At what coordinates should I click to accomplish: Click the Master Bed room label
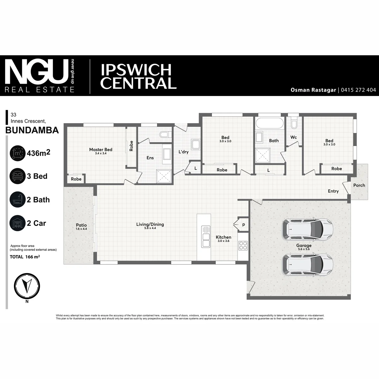(x=101, y=149)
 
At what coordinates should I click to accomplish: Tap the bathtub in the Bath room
(x=270, y=123)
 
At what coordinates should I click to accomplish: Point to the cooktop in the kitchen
(x=243, y=246)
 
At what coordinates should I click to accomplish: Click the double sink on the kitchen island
(x=206, y=237)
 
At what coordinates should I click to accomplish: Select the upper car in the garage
(x=308, y=229)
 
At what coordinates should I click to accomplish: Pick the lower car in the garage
(x=308, y=265)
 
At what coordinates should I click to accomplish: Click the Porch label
(x=359, y=185)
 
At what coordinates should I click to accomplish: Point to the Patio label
(x=81, y=225)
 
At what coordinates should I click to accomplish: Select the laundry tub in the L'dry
(x=196, y=145)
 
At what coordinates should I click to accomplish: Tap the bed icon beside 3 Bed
(x=17, y=176)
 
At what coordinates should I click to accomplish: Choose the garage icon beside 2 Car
(x=17, y=223)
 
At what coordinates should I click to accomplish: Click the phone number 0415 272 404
(x=358, y=90)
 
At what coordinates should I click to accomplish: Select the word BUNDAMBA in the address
(x=32, y=130)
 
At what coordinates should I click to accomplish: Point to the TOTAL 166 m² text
(x=25, y=257)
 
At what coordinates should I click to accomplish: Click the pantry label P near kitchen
(x=244, y=225)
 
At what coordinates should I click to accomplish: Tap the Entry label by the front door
(x=333, y=191)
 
